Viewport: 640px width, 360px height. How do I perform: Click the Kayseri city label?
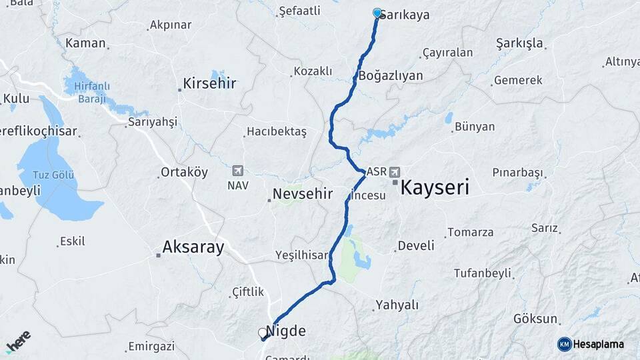pos(434,187)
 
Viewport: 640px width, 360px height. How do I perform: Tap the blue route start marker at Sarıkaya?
pos(377,13)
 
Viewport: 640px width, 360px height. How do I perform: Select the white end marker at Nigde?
pos(262,332)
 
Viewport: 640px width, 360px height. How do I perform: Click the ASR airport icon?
pos(395,171)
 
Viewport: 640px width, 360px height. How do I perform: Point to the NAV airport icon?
pos(238,171)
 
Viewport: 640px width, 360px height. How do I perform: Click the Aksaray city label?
pos(193,247)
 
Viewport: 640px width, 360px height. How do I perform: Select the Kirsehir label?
pos(210,84)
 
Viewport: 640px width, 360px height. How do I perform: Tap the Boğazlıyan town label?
pos(391,75)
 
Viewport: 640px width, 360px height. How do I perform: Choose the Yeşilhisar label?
pos(302,255)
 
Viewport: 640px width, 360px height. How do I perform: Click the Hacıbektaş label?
pos(276,132)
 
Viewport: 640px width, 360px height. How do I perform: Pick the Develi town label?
pos(416,245)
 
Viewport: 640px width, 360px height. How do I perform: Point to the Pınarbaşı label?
pos(518,172)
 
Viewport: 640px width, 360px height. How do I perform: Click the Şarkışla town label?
pos(520,43)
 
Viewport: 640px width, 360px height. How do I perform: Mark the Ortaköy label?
pos(184,172)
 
